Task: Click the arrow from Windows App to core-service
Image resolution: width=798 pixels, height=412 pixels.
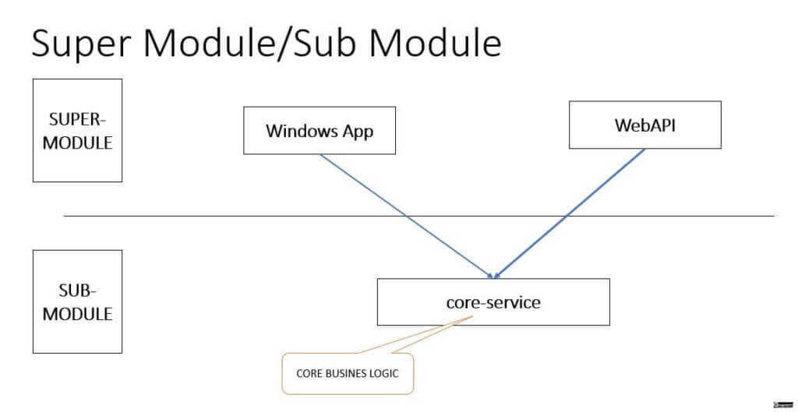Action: pyautogui.click(x=406, y=217)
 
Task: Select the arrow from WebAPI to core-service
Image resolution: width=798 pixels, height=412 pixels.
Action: pyautogui.click(x=570, y=213)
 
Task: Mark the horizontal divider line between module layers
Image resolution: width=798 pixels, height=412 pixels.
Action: pyautogui.click(x=418, y=217)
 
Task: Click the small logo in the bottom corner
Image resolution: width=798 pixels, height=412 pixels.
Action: pyautogui.click(x=784, y=405)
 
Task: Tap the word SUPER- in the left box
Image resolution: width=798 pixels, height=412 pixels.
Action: pyautogui.click(x=77, y=119)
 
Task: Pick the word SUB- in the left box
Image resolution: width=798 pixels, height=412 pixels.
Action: pyautogui.click(x=77, y=291)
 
